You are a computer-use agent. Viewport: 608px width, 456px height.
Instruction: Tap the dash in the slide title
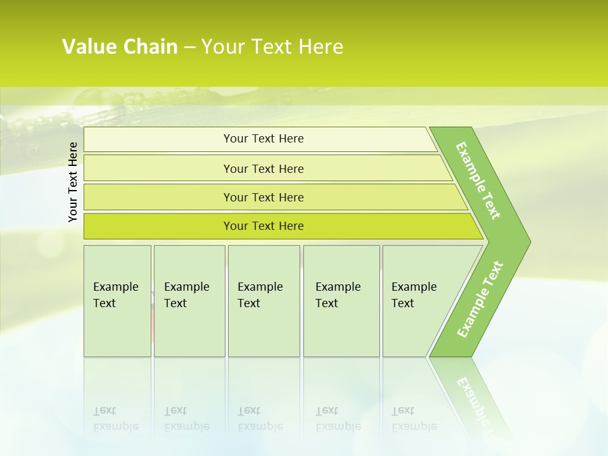[x=190, y=47]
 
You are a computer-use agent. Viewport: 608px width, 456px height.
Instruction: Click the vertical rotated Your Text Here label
[x=73, y=182]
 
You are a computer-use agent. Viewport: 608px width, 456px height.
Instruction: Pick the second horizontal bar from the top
[x=263, y=168]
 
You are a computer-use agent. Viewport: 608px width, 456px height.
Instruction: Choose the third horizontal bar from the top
[x=263, y=197]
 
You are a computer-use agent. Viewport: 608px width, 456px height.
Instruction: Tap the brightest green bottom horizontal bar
[x=263, y=226]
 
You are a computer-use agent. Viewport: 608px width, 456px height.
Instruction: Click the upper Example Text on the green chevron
[x=478, y=180]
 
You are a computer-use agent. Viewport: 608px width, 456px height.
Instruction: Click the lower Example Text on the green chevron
[x=480, y=299]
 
